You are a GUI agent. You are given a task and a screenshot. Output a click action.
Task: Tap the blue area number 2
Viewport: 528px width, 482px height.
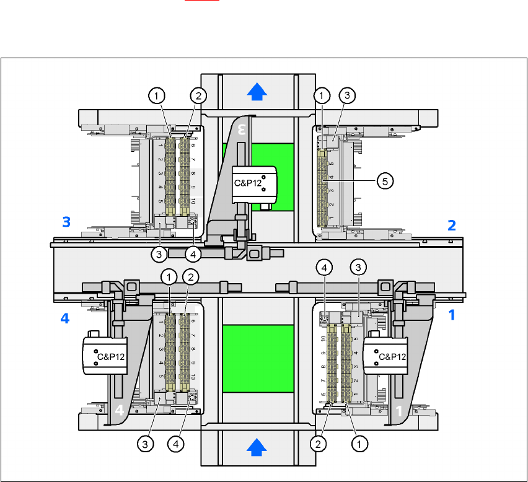(452, 225)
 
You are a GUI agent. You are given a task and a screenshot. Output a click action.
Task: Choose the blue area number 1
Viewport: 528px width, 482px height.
(452, 315)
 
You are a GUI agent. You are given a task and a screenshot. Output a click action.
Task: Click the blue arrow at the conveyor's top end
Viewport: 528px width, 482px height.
(257, 92)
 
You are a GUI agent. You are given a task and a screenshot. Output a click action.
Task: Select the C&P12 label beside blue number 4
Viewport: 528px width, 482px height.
(110, 356)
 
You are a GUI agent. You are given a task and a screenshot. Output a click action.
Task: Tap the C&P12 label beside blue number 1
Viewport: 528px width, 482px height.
(391, 356)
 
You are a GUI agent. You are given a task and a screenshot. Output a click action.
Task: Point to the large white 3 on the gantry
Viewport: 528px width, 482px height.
(242, 129)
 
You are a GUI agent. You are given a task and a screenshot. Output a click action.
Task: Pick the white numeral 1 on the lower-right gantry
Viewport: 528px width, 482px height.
(399, 410)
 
